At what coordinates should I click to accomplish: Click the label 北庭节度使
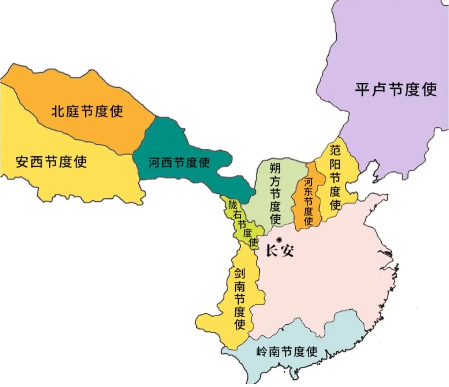click(87, 111)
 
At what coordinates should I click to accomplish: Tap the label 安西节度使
click(51, 162)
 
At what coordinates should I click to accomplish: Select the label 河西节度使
click(179, 163)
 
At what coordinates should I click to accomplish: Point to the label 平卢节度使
click(396, 89)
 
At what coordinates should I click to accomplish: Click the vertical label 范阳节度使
click(335, 177)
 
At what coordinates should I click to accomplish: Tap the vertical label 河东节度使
click(308, 202)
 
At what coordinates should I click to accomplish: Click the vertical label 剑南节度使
click(239, 298)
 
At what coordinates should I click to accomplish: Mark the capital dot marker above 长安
click(279, 239)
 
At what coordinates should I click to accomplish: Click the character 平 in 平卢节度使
click(363, 89)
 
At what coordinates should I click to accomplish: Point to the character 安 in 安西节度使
click(22, 162)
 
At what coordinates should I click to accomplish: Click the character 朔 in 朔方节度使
click(275, 168)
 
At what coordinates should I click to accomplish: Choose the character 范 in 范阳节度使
click(335, 150)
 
